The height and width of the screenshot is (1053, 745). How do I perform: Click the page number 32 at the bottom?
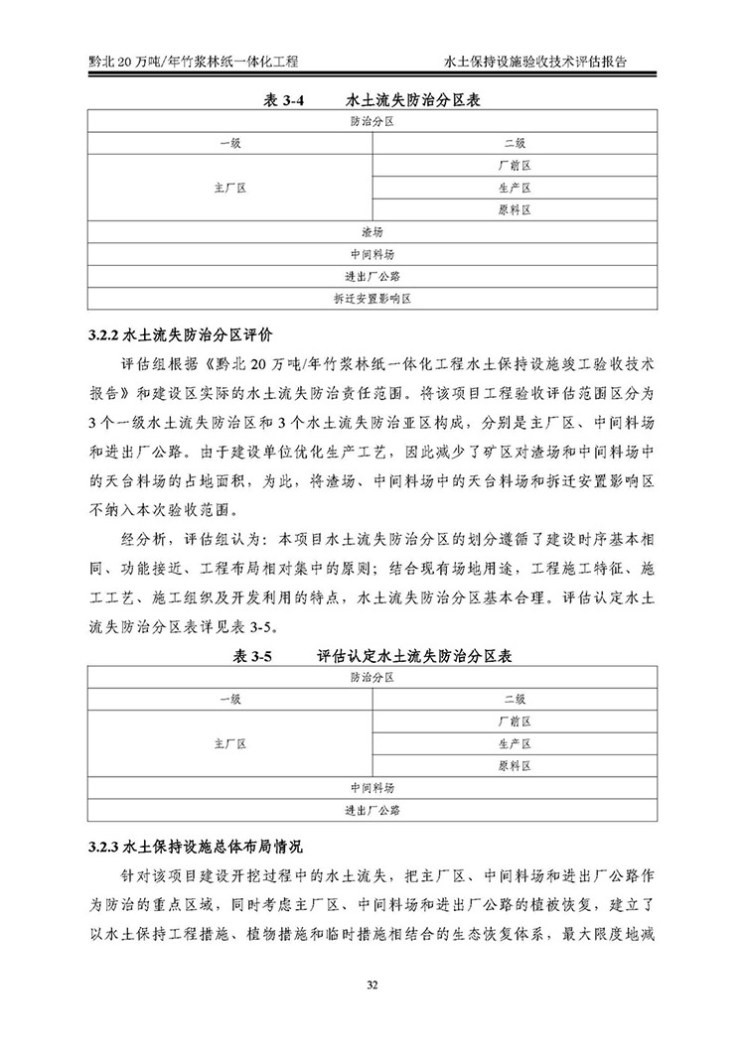click(x=372, y=985)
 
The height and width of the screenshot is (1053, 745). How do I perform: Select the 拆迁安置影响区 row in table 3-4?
click(x=372, y=297)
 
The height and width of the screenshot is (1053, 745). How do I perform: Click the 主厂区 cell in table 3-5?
click(x=229, y=743)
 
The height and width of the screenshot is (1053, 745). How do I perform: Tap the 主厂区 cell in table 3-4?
click(x=229, y=188)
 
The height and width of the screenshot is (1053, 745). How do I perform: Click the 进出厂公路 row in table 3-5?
click(x=372, y=810)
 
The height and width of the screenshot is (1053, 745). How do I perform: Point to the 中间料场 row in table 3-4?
click(x=372, y=253)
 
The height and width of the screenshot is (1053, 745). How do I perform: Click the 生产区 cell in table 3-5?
click(x=515, y=743)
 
